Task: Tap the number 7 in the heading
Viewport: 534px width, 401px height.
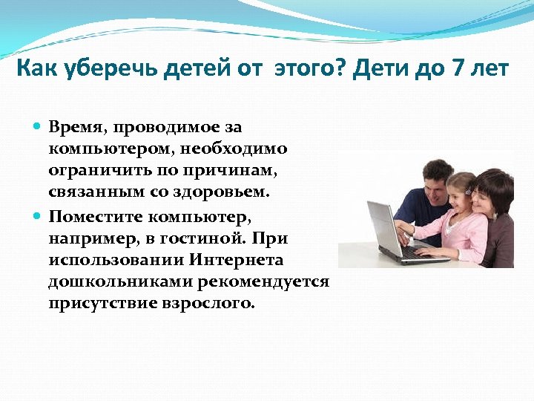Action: (x=453, y=70)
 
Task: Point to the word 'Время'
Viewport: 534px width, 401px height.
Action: (x=77, y=128)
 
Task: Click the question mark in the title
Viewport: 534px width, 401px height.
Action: (x=337, y=70)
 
